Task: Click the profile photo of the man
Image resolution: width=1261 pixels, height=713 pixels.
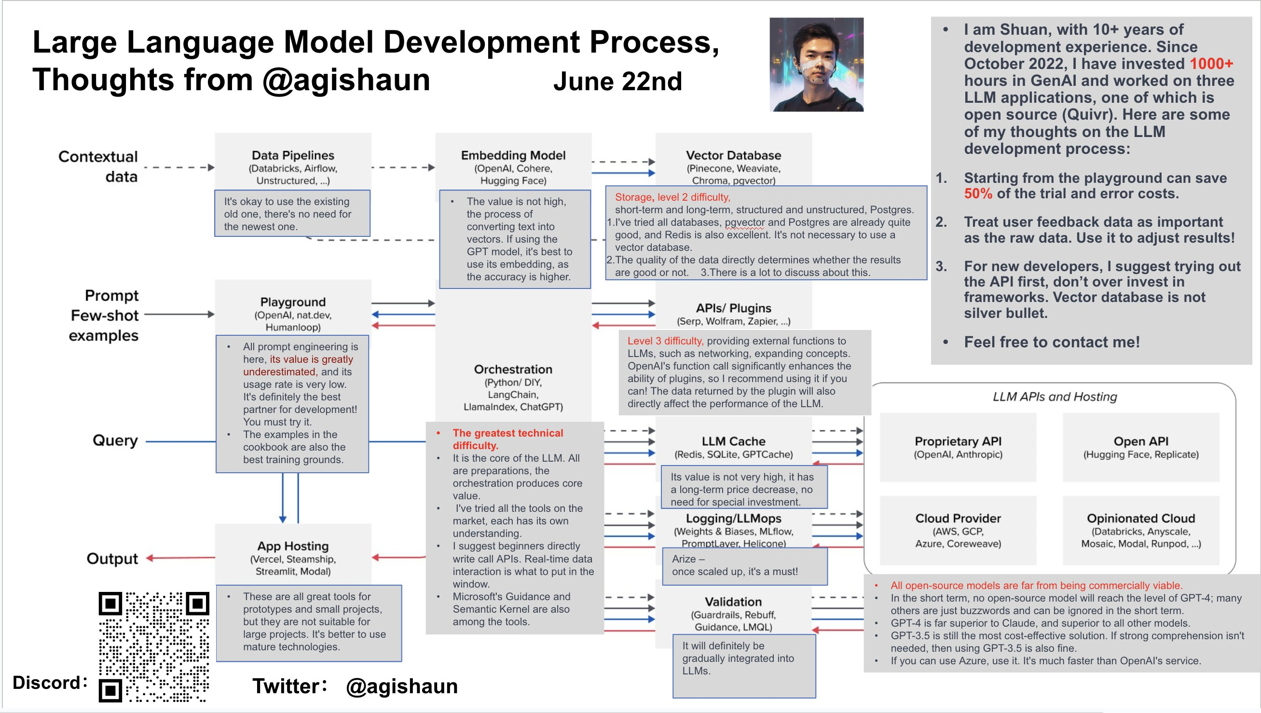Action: (816, 65)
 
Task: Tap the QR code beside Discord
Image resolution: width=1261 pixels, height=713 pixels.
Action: (154, 647)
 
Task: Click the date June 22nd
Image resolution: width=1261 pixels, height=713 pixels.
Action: (617, 82)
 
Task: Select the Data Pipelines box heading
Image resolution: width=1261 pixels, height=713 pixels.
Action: (293, 155)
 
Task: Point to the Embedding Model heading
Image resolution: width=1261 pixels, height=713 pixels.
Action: (513, 155)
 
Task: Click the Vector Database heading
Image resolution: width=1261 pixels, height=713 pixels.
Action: (733, 155)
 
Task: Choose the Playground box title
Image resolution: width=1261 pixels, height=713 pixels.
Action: (293, 302)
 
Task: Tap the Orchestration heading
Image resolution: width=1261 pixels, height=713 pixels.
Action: (513, 369)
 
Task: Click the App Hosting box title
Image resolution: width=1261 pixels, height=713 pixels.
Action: (293, 546)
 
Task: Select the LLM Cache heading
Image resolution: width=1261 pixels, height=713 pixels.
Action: (733, 441)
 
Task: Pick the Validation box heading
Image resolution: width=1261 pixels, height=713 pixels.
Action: (733, 602)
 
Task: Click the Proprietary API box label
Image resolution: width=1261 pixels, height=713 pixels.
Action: (958, 441)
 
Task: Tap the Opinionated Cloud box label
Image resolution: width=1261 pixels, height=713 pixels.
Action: (1140, 518)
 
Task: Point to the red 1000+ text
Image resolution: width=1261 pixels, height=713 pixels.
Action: (1211, 64)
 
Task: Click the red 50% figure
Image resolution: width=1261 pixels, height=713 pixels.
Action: (978, 193)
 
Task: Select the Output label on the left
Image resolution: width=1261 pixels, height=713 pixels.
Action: (112, 559)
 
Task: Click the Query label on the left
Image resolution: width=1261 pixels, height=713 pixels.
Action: (115, 440)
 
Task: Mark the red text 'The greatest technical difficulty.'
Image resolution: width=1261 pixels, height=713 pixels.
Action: (507, 439)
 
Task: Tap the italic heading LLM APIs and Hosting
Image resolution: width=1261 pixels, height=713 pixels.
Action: (1055, 397)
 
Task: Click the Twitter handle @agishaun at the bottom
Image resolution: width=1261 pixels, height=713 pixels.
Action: (401, 686)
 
